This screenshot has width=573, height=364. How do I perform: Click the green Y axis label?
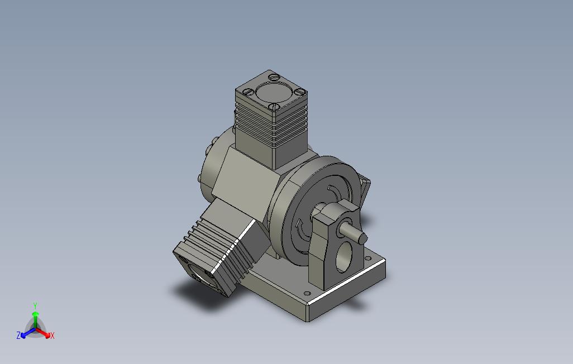pos(35,306)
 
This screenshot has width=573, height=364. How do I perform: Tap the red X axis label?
pos(52,336)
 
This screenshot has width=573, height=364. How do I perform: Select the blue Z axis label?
pos(18,336)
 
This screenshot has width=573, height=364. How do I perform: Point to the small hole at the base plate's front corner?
pos(306,293)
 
